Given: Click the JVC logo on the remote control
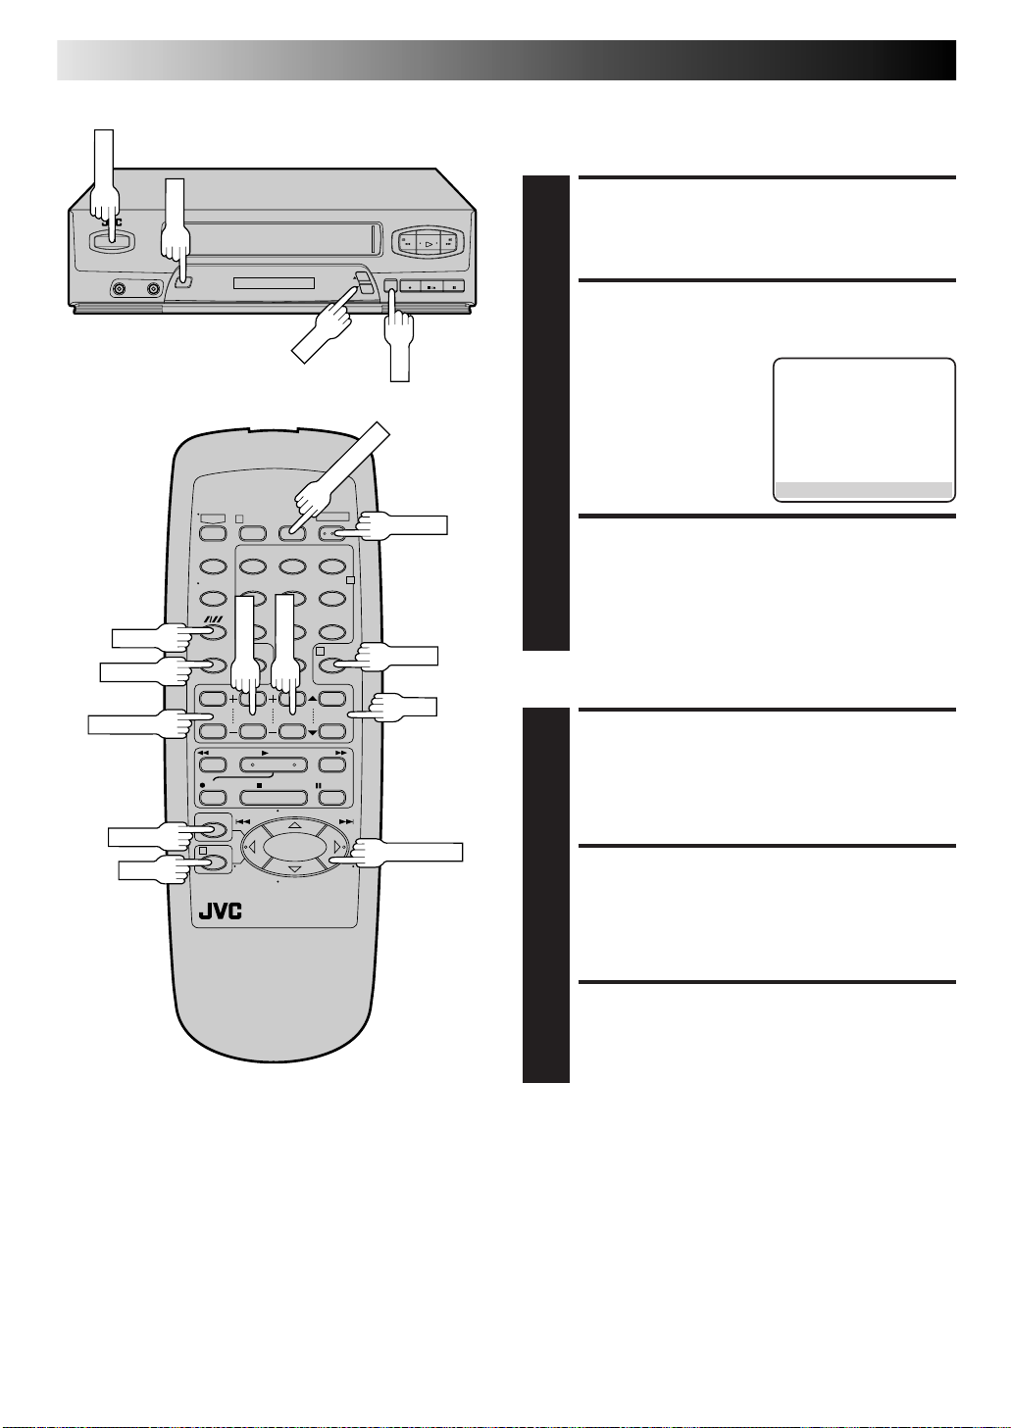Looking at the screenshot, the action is pyautogui.click(x=220, y=909).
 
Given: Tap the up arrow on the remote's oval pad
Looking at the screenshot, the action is pyautogui.click(x=294, y=826).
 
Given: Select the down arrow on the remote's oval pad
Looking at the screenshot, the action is pyautogui.click(x=294, y=868).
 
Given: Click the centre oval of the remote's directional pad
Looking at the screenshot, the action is pyautogui.click(x=294, y=847).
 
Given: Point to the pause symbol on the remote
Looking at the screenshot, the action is pyautogui.click(x=319, y=785).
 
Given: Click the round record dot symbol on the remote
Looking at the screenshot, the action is pyautogui.click(x=201, y=785).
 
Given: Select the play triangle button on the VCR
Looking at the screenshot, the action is pyautogui.click(x=428, y=242).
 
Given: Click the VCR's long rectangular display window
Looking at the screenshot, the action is pyautogui.click(x=274, y=283).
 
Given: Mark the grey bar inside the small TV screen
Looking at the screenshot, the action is pyautogui.click(x=863, y=490).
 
